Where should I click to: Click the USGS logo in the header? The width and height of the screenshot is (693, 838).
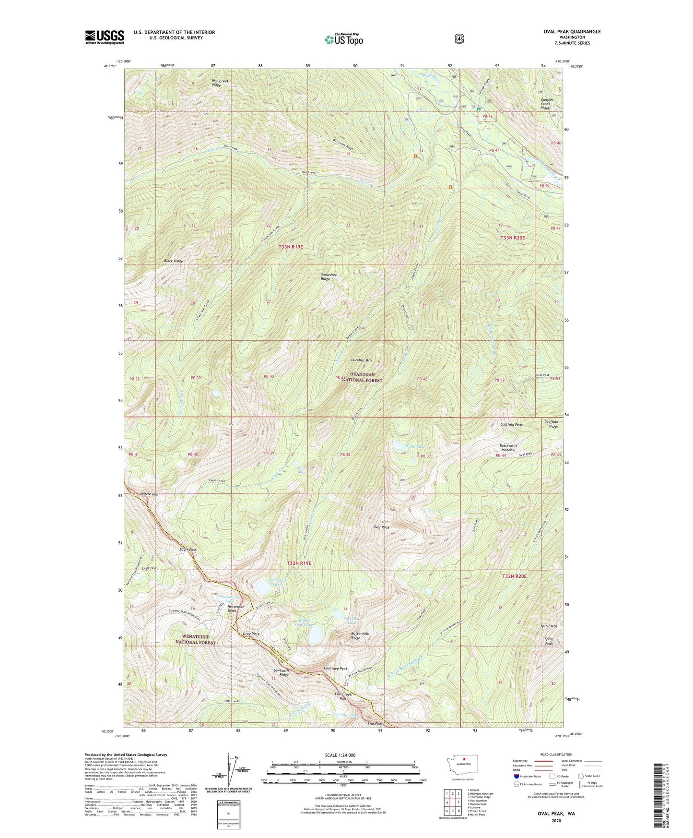click(105, 36)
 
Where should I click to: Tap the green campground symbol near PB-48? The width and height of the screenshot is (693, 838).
click(479, 109)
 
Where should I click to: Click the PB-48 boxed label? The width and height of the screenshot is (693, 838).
click(488, 117)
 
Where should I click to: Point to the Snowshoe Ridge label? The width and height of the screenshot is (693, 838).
click(326, 276)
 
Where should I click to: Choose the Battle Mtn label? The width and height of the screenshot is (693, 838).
click(149, 494)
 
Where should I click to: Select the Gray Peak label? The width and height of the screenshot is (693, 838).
click(251, 634)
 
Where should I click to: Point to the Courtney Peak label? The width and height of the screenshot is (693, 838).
click(336, 669)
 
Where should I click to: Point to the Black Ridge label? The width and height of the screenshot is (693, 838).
click(173, 261)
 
